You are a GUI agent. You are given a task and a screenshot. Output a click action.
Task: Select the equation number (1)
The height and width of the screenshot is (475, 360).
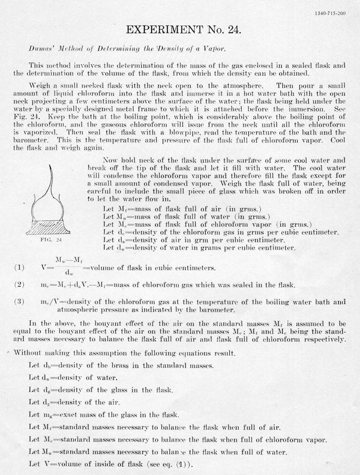pos(18,267)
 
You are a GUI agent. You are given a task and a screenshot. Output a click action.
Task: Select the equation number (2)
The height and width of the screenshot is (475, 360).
pos(18,285)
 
